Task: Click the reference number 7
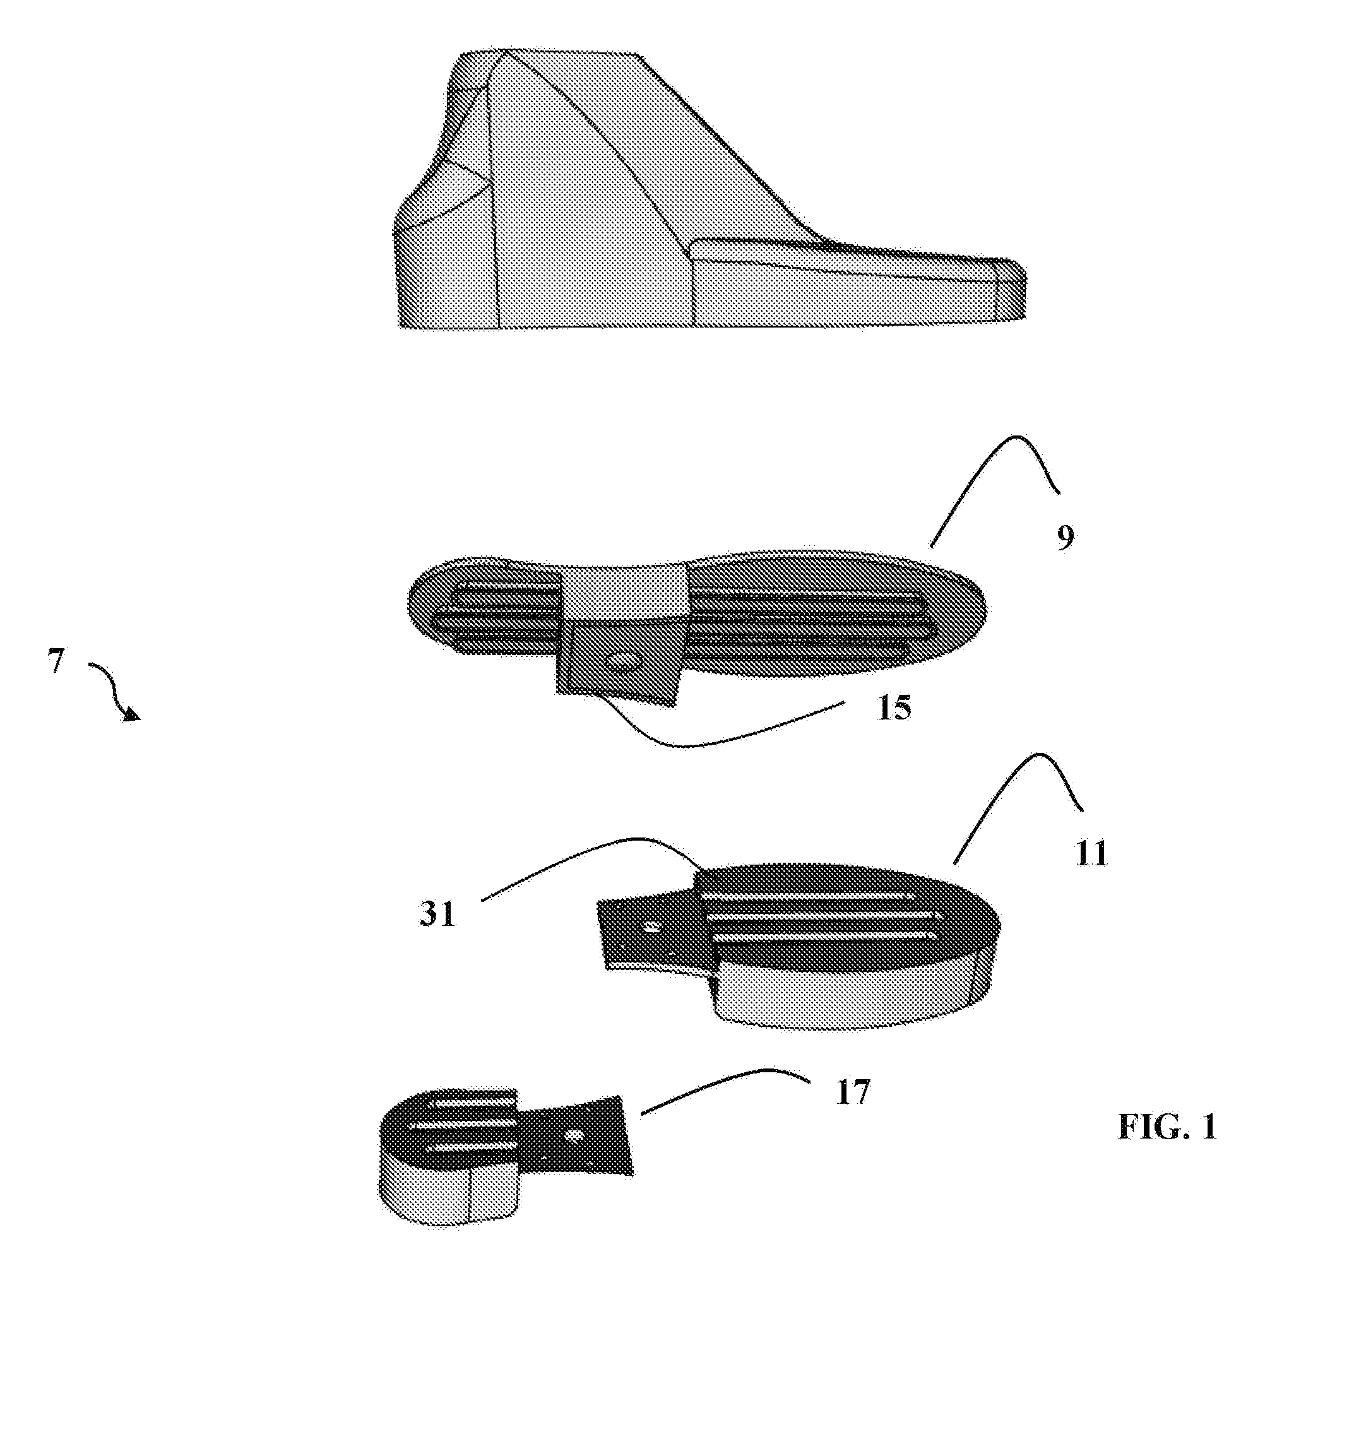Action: tap(56, 661)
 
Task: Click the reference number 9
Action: tap(1066, 538)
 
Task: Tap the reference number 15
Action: tap(894, 708)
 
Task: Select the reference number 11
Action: tap(1091, 855)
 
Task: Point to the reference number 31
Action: tap(437, 914)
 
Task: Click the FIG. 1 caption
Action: tap(1167, 1127)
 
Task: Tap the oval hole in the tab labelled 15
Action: tap(622, 660)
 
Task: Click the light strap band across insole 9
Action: tap(622, 592)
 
